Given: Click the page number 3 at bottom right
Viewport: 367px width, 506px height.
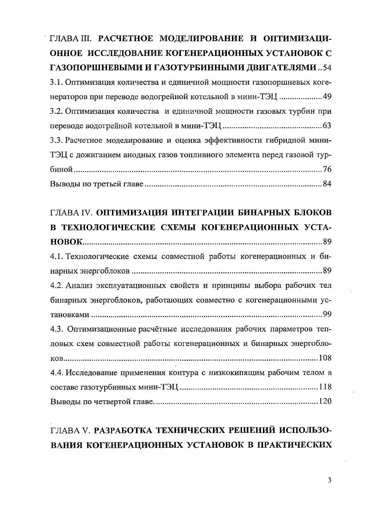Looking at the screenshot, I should [330, 480].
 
